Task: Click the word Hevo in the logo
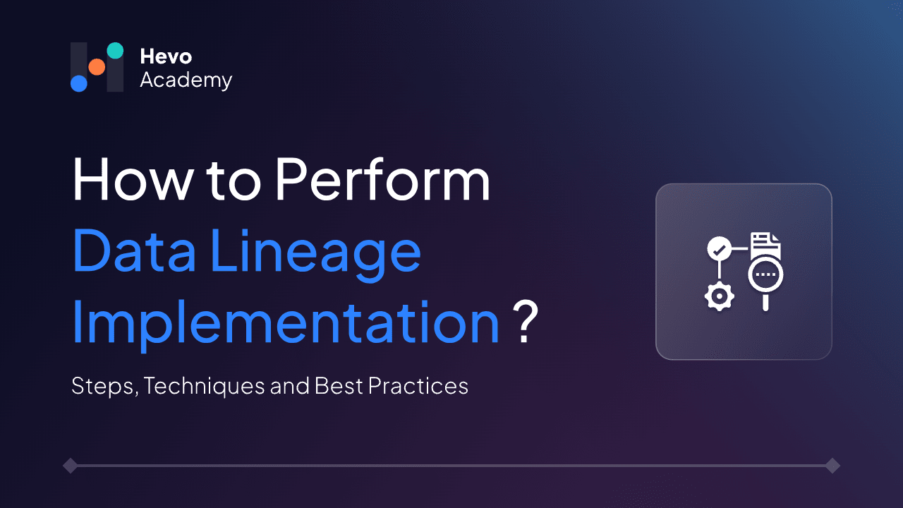[x=166, y=56]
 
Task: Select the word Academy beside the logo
[x=186, y=80]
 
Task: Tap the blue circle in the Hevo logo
[x=78, y=83]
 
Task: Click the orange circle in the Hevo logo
[x=97, y=67]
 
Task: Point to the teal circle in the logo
[x=115, y=50]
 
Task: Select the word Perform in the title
[x=382, y=180]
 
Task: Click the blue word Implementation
[x=286, y=325]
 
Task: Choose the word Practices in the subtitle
[x=425, y=386]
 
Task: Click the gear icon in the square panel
[x=719, y=297]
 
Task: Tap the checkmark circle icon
[x=718, y=249]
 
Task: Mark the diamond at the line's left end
[x=70, y=466]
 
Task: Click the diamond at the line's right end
[x=832, y=466]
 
